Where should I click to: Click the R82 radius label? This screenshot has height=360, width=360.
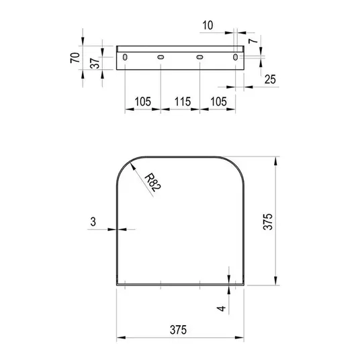[153, 183]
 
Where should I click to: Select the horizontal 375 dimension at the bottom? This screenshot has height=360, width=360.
[178, 330]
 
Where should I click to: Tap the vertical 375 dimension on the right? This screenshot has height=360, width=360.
[268, 222]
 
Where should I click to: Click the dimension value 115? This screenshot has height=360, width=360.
[183, 101]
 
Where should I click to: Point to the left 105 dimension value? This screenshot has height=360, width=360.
[143, 101]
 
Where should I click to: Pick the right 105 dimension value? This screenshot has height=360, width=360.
[218, 101]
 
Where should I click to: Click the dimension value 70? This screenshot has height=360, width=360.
[75, 58]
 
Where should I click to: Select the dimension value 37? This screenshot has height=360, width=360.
[95, 63]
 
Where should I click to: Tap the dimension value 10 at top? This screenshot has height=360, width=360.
[208, 26]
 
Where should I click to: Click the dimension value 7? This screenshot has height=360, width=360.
[253, 41]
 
